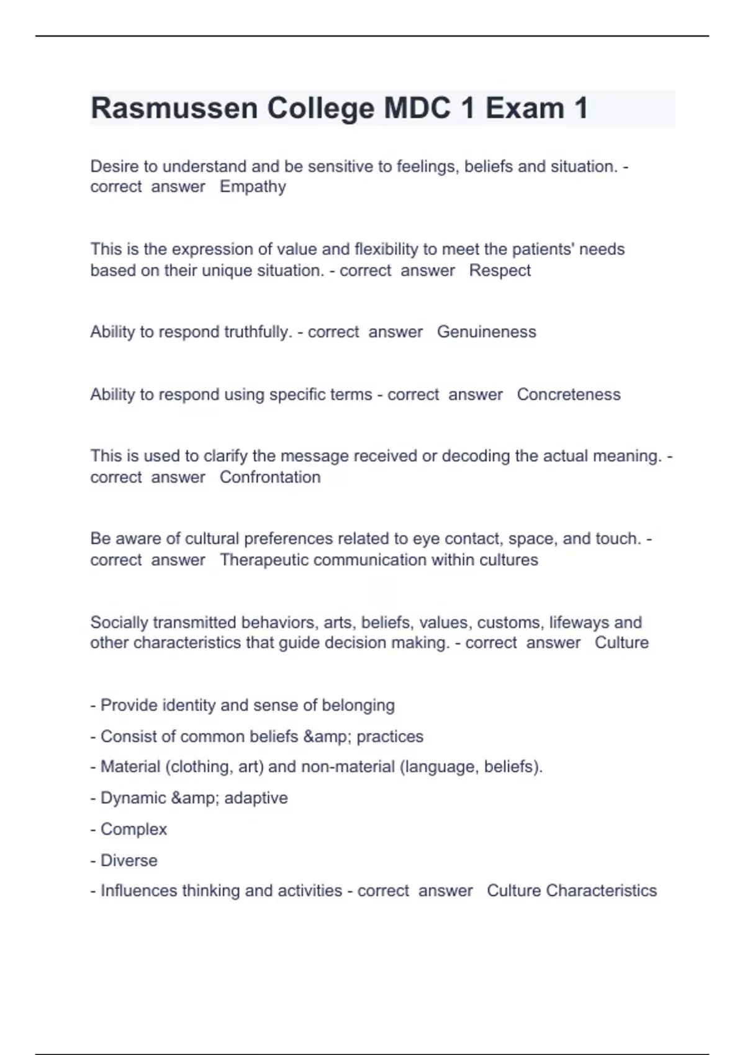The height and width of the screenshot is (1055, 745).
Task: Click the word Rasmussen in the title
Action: (x=174, y=109)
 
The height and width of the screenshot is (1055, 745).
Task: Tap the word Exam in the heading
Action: (x=525, y=109)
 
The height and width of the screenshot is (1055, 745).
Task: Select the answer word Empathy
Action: (x=253, y=187)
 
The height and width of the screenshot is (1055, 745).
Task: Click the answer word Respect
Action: (x=500, y=271)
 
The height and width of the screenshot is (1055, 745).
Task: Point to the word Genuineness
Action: (x=486, y=332)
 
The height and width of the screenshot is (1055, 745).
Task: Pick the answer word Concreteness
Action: (x=568, y=395)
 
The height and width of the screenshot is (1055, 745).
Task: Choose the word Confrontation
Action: (x=270, y=477)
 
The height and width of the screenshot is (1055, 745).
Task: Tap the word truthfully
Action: (x=257, y=332)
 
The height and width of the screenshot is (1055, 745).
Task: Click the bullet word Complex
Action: (x=133, y=830)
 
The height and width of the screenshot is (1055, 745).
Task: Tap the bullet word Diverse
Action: (x=129, y=861)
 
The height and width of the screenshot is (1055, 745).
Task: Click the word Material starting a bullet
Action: (x=130, y=767)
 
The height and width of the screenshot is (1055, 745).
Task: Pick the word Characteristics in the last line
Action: (x=601, y=891)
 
